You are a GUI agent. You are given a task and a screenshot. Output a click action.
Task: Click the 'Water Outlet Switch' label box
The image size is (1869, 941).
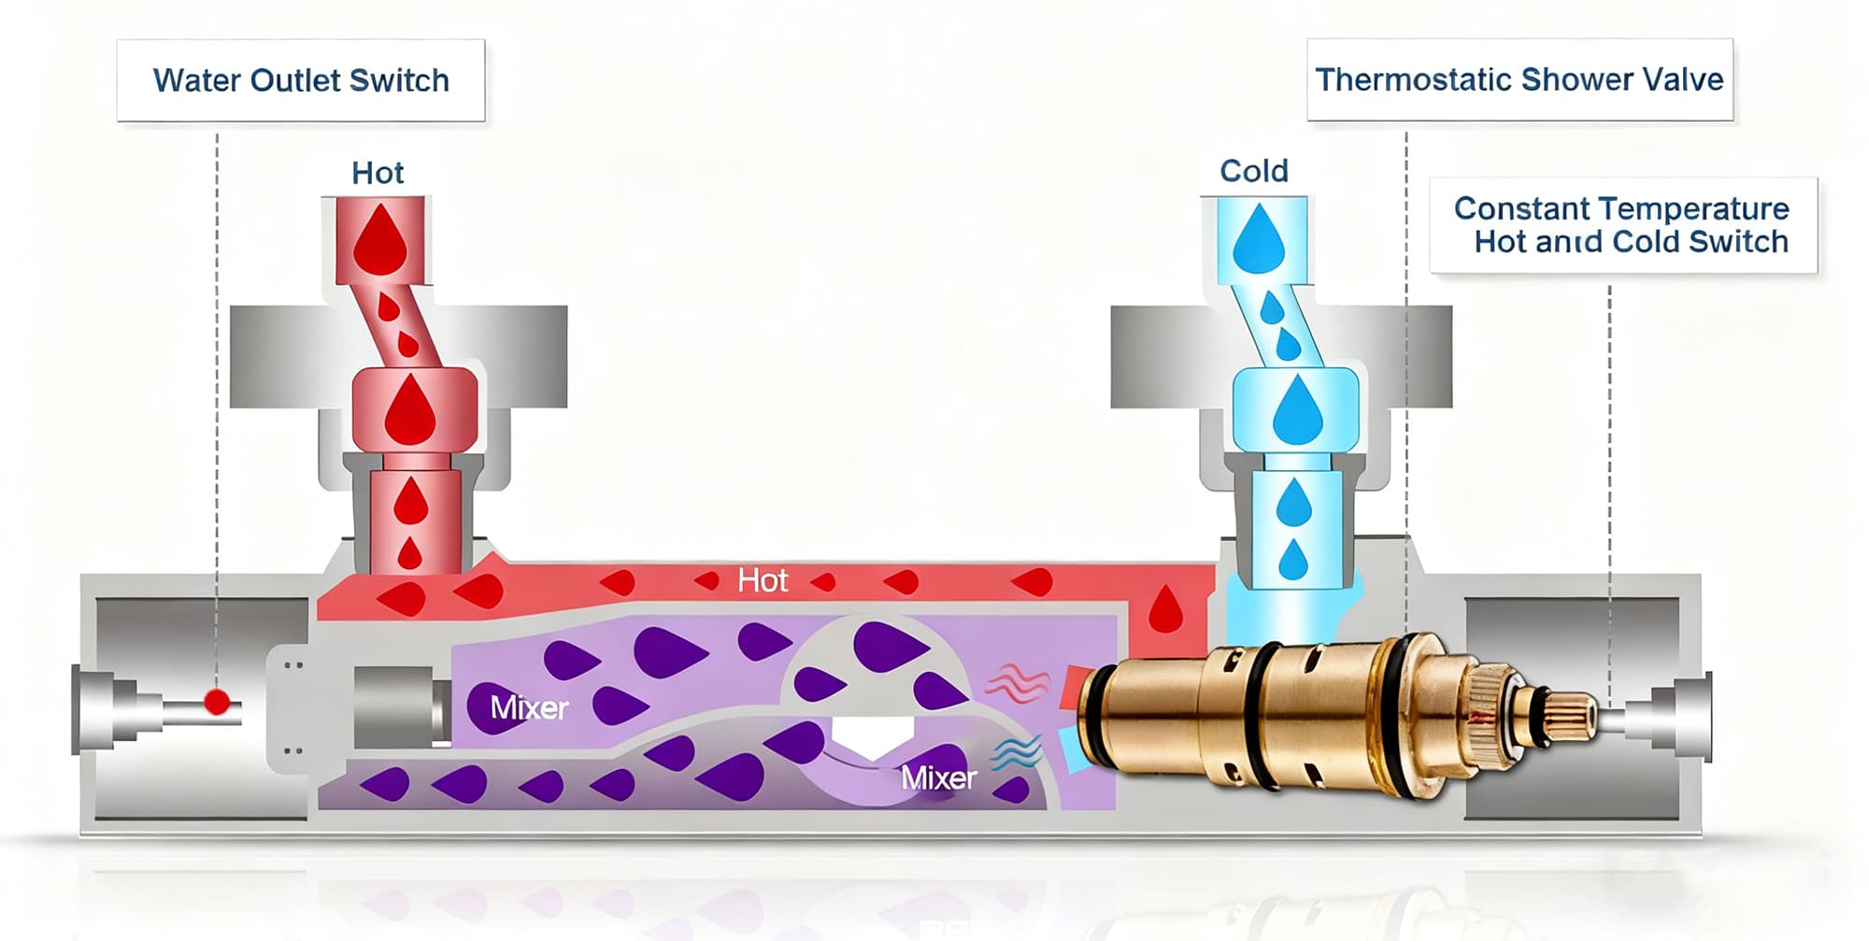pyautogui.click(x=301, y=80)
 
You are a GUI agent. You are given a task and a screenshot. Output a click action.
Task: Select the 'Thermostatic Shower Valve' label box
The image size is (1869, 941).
pyautogui.click(x=1519, y=79)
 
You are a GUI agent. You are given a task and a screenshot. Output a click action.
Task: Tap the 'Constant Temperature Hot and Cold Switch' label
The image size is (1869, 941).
pyautogui.click(x=1622, y=225)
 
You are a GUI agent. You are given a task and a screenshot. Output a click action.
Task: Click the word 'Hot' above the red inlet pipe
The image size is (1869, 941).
pyautogui.click(x=378, y=173)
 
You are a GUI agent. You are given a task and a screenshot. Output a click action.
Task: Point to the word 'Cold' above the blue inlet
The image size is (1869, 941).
pyautogui.click(x=1254, y=171)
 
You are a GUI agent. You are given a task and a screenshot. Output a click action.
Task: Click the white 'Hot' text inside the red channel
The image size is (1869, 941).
pyautogui.click(x=763, y=580)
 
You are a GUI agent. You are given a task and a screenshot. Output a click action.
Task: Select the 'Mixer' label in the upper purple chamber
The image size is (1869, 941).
pyautogui.click(x=529, y=707)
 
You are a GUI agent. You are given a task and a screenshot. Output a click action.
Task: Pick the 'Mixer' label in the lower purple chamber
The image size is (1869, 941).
pyautogui.click(x=938, y=777)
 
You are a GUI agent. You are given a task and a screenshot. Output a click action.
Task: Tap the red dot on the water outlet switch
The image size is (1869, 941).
pyautogui.click(x=217, y=701)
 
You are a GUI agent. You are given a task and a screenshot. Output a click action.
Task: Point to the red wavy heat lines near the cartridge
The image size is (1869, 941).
pyautogui.click(x=1017, y=682)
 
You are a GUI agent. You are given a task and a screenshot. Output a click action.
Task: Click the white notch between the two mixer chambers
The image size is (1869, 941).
pyautogui.click(x=871, y=736)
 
